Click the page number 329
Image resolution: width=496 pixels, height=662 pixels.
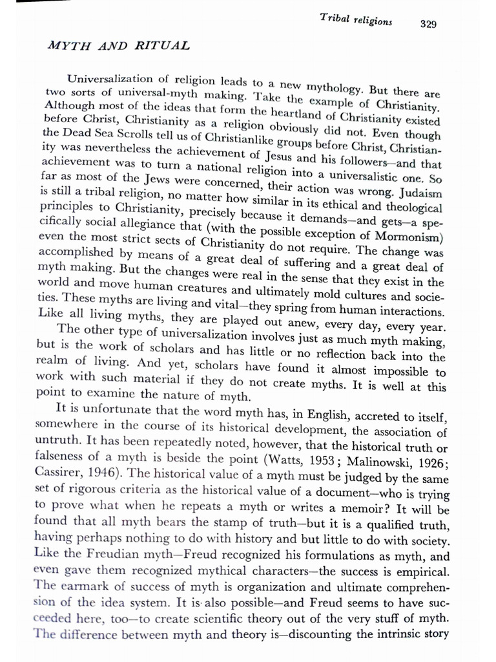(x=428, y=25)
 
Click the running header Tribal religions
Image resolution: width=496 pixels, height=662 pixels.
(x=356, y=20)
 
